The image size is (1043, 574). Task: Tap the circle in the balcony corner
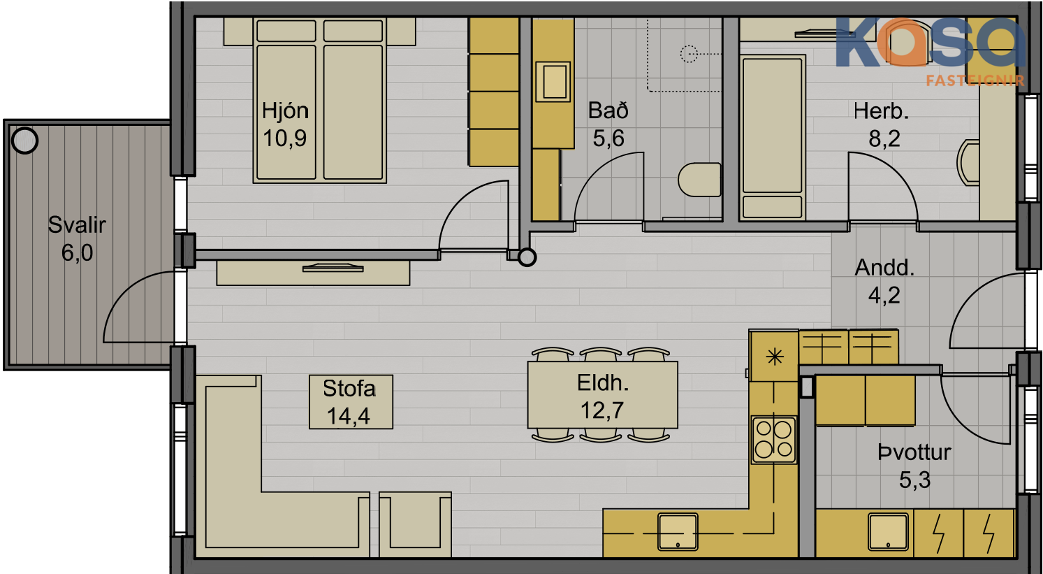(x=24, y=141)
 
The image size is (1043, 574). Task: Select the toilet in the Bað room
(x=699, y=180)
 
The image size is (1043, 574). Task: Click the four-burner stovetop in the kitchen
(x=774, y=439)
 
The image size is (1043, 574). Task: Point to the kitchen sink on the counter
(x=678, y=531)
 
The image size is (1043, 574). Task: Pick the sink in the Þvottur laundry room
(x=889, y=531)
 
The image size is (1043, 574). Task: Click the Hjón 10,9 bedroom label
(x=285, y=124)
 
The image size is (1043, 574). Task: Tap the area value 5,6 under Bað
(x=608, y=138)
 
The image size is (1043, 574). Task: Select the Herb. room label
(x=881, y=111)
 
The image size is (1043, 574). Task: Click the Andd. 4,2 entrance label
(x=884, y=281)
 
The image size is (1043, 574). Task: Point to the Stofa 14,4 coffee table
(x=351, y=401)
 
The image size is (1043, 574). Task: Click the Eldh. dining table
(x=602, y=394)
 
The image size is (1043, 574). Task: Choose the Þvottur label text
(x=914, y=452)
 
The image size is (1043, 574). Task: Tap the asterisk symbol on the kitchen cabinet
(x=775, y=357)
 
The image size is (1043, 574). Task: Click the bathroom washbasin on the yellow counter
(x=553, y=82)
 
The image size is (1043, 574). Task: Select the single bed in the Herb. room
(x=773, y=138)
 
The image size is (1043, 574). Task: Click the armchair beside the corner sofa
(x=416, y=524)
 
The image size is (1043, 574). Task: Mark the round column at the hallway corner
(x=527, y=257)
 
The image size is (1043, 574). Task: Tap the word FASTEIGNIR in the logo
(x=975, y=80)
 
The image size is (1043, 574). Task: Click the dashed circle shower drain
(x=689, y=54)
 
